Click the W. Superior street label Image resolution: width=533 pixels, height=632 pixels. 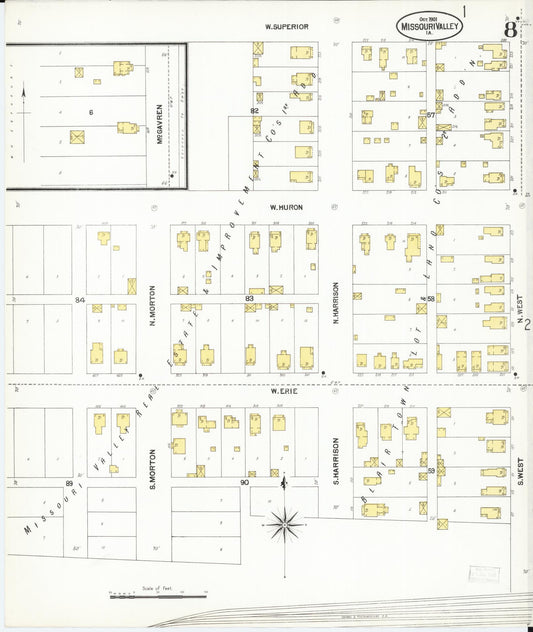click(286, 25)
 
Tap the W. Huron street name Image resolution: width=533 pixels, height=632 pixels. click(285, 207)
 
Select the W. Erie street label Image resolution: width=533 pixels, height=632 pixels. click(285, 392)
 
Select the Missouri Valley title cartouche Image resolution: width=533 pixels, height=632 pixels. click(428, 27)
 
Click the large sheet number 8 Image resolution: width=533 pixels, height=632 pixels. click(510, 28)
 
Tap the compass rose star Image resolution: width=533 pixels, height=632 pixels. click(287, 519)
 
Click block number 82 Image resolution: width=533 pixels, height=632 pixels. click(254, 110)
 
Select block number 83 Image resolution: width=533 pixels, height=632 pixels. click(249, 298)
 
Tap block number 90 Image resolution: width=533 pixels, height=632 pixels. click(244, 483)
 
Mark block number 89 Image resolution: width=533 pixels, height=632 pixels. click(70, 483)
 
